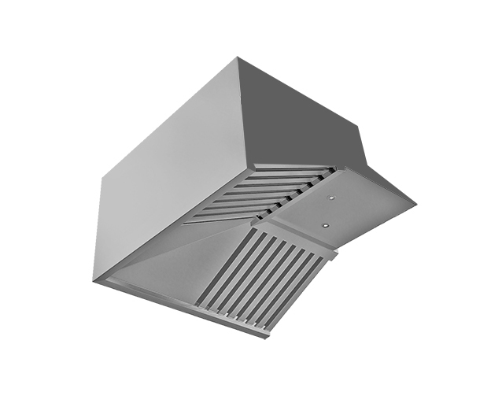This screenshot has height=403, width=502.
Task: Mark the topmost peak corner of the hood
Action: pos(238,57)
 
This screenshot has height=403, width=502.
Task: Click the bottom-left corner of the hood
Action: pos(94,280)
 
